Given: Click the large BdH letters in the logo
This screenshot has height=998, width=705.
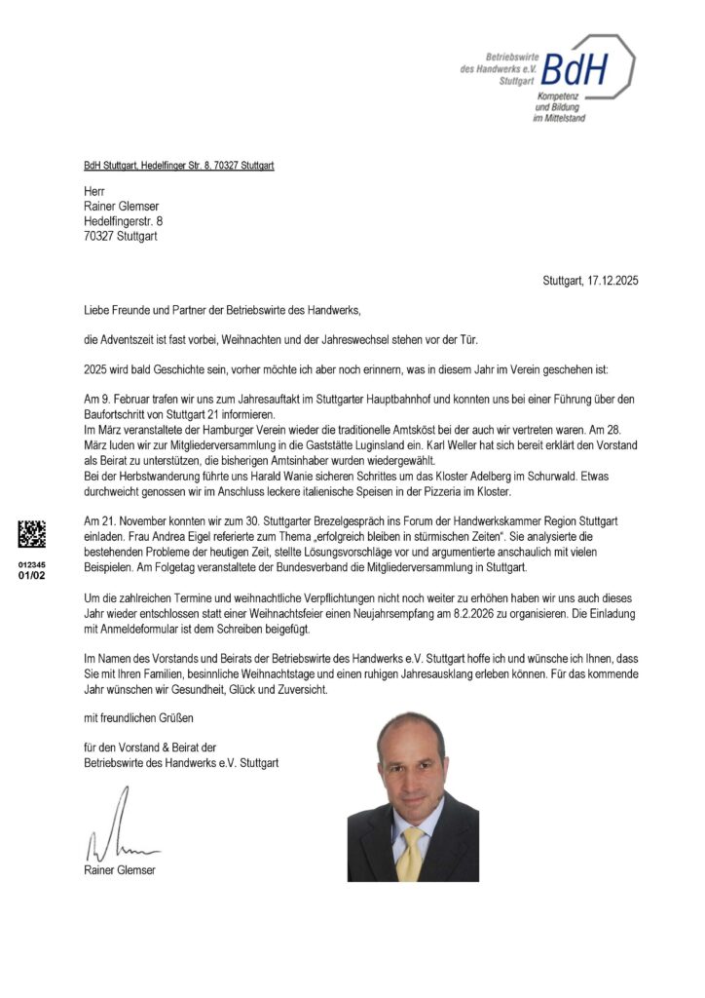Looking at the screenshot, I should [581, 68].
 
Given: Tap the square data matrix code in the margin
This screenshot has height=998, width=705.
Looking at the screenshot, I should [32, 533].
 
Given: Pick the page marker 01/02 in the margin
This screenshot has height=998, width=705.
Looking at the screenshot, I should [32, 575].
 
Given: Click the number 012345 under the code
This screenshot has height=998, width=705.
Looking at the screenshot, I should [32, 564].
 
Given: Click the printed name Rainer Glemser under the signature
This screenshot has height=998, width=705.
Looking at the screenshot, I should [120, 870].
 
